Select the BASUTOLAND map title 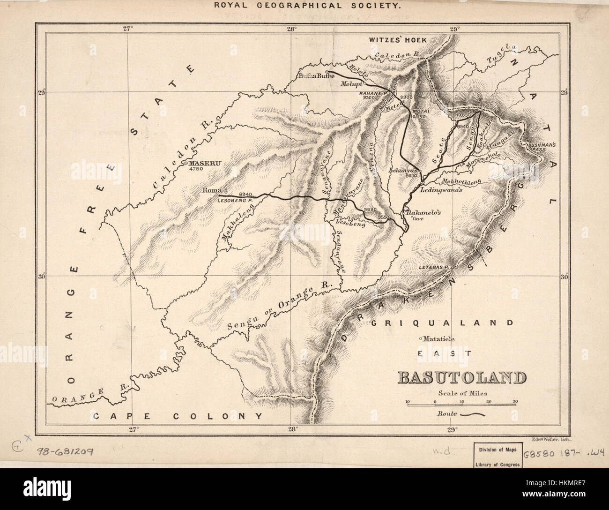coord(461,378)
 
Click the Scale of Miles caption coord(460,393)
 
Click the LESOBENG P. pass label coord(236,200)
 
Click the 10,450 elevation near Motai coord(421,116)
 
